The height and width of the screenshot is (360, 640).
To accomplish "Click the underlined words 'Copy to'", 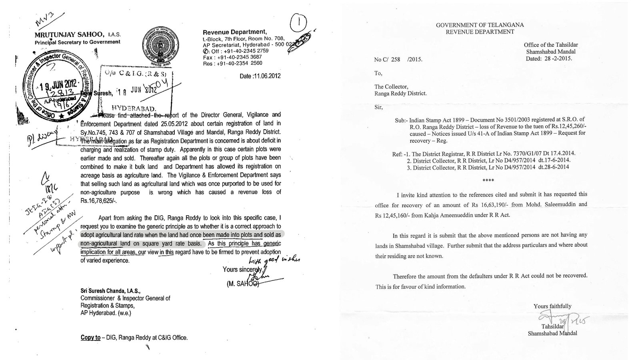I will coord(90,337).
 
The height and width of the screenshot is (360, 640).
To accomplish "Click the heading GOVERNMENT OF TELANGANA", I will coord(480,25).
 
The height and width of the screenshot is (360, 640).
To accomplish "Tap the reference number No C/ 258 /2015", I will coord(398,59).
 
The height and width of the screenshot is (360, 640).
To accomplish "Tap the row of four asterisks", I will coord(480,180).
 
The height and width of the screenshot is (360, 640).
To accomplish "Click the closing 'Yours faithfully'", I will coord(552,306).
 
